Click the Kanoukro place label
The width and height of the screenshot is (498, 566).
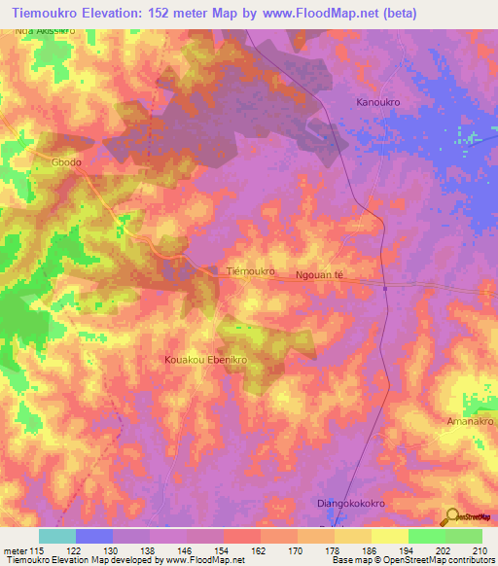(379, 101)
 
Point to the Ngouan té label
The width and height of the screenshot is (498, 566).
(320, 276)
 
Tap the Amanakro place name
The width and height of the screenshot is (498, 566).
(472, 422)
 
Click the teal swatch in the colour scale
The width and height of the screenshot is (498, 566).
(56, 536)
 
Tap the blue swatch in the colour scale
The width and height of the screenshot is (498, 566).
(94, 536)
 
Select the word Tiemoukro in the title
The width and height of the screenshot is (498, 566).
(53, 13)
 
